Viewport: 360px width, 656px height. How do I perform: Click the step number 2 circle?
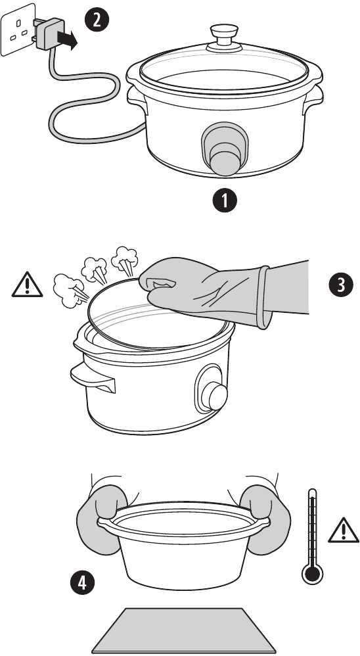pos(97,20)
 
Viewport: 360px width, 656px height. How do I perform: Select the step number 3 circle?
pos(340,284)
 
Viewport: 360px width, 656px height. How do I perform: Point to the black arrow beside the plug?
pos(67,40)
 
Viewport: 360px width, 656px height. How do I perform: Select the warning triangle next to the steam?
pos(26,285)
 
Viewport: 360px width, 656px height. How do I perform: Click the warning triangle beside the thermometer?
pos(342,528)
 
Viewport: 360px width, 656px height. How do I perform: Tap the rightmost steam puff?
pos(125,258)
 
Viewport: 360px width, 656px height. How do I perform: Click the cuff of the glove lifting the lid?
pos(263,297)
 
